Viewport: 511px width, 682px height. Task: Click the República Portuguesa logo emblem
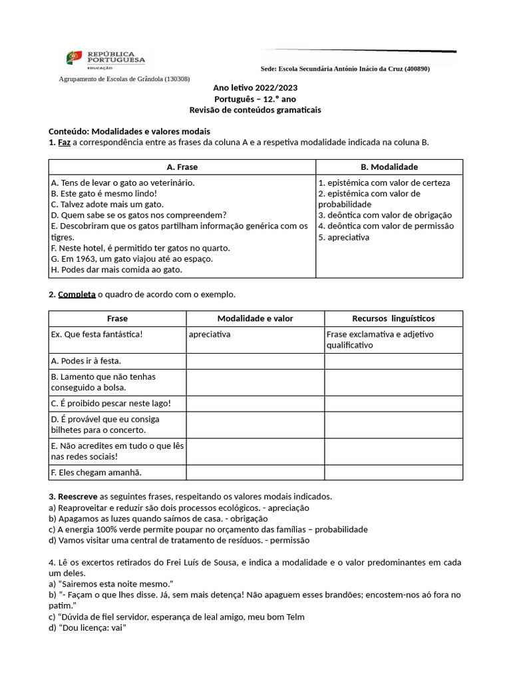tap(74, 58)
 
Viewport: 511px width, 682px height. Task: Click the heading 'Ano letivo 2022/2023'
tap(255, 88)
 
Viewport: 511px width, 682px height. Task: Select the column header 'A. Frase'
tap(182, 167)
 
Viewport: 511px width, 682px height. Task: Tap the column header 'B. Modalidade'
tap(389, 167)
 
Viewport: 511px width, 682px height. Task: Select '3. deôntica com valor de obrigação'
tap(385, 215)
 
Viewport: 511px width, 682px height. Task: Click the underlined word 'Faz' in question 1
tap(64, 143)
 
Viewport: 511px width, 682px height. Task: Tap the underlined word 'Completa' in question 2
tap(77, 294)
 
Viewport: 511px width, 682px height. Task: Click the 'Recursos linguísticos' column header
tap(393, 318)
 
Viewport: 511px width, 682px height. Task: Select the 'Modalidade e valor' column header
tap(255, 318)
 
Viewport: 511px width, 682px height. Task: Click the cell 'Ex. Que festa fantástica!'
tap(96, 334)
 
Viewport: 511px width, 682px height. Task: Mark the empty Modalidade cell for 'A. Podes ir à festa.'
tap(255, 361)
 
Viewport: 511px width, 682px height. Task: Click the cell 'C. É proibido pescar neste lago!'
tap(110, 403)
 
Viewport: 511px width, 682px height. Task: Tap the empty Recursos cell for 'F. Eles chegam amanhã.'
tap(393, 472)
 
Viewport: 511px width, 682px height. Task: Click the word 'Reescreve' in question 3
tap(77, 496)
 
